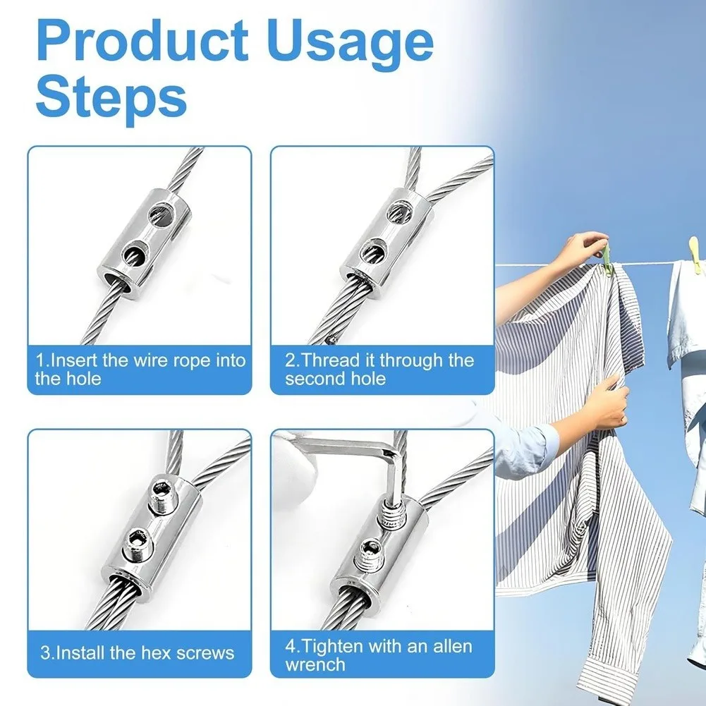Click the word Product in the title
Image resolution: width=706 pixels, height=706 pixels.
click(x=142, y=41)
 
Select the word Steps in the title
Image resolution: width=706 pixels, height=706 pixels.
click(x=111, y=99)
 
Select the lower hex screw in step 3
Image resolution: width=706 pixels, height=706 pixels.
click(x=138, y=544)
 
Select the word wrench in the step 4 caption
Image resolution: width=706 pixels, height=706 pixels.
click(x=315, y=665)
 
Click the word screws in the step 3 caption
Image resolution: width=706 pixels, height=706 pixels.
click(x=205, y=653)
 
